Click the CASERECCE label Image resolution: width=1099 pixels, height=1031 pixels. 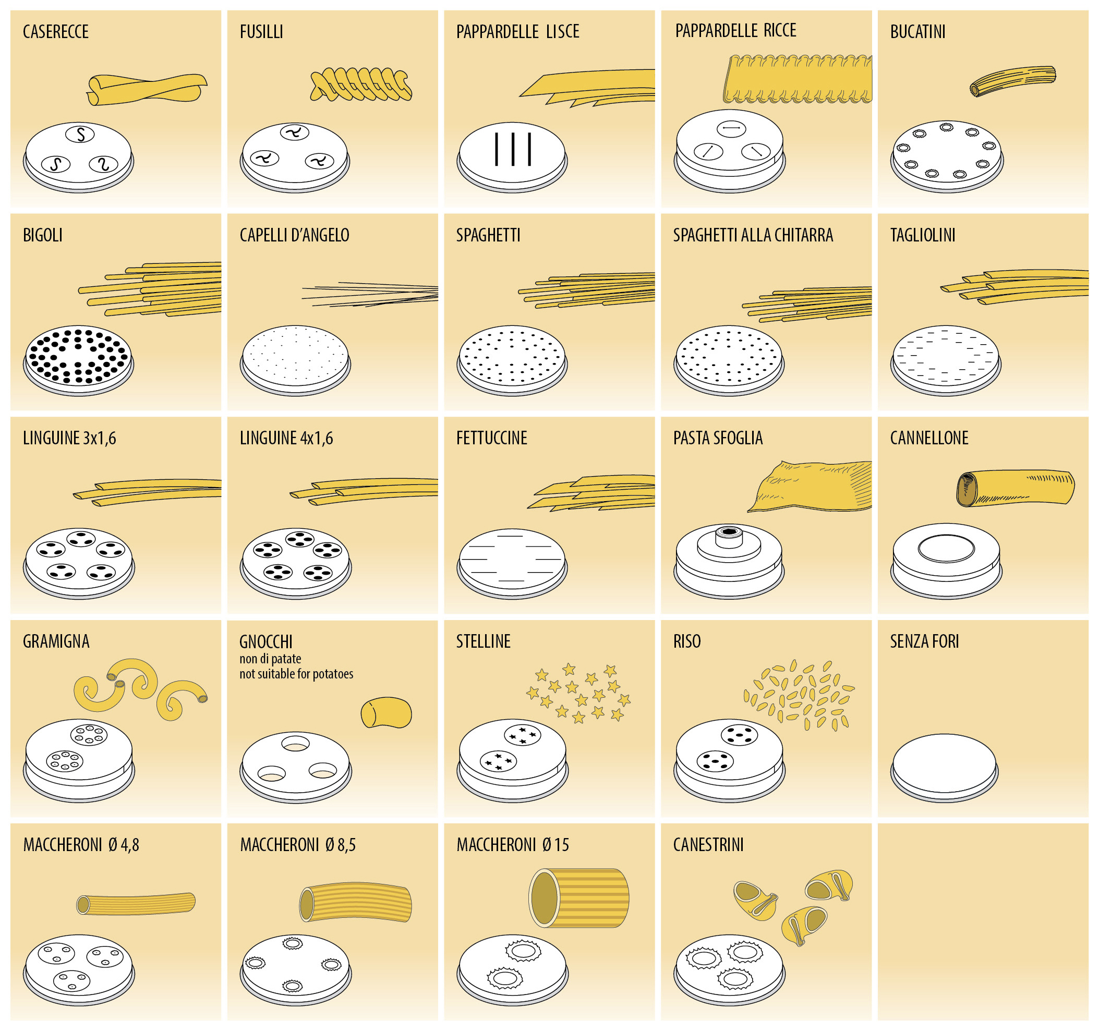55,32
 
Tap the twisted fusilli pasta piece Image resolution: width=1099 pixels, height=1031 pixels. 360,84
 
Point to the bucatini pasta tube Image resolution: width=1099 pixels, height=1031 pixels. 1013,81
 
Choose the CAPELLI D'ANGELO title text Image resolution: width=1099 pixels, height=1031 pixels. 294,236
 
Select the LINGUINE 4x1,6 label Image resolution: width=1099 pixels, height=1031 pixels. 286,439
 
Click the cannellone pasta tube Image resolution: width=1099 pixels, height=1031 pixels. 1015,488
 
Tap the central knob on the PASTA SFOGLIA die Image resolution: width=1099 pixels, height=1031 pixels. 729,535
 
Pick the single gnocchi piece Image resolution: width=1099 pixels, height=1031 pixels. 386,712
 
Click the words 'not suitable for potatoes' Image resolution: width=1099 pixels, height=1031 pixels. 296,674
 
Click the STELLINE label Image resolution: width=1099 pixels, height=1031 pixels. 482,641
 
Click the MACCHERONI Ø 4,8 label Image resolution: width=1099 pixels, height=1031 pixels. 81,845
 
